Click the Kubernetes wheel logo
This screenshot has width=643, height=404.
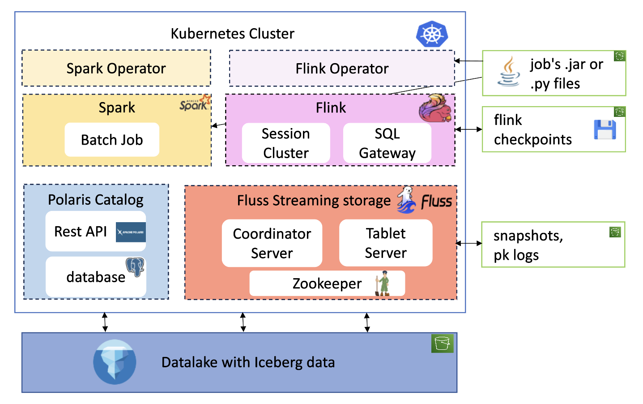pyautogui.click(x=432, y=34)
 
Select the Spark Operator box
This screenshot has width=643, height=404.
pyautogui.click(x=116, y=68)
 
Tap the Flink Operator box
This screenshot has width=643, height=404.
pyautogui.click(x=342, y=68)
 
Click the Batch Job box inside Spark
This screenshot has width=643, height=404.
pyautogui.click(x=112, y=140)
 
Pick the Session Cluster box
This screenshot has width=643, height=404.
pyautogui.click(x=286, y=143)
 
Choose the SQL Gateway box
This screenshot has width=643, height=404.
pyautogui.click(x=387, y=143)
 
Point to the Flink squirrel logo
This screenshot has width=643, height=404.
pyautogui.click(x=434, y=108)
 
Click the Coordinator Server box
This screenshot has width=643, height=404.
pyautogui.click(x=272, y=243)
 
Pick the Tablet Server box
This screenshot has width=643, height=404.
pyautogui.click(x=386, y=243)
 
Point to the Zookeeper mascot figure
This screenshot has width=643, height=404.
pyautogui.click(x=382, y=284)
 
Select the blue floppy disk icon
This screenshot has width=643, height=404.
pyautogui.click(x=605, y=129)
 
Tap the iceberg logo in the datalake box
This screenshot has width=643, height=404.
pyautogui.click(x=115, y=362)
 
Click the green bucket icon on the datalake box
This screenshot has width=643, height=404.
pyautogui.click(x=442, y=344)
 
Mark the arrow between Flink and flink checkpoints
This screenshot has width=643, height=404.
pyautogui.click(x=468, y=129)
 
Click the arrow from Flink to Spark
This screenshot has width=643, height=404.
pyautogui.click(x=218, y=125)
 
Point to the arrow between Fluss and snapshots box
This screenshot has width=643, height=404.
pyautogui.click(x=469, y=243)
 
